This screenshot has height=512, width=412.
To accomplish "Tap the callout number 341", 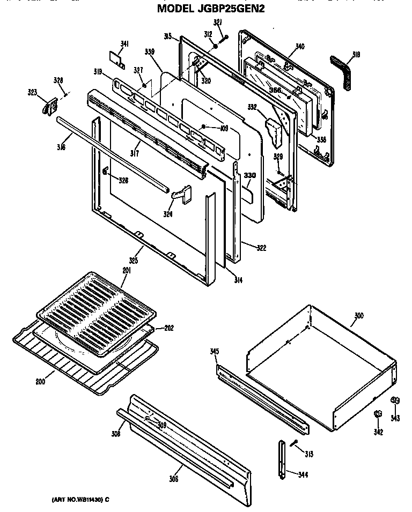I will (124, 44).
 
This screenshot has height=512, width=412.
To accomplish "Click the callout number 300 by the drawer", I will (358, 316).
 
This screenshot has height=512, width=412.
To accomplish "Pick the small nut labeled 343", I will (395, 400).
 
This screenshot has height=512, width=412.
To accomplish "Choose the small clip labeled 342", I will (378, 414).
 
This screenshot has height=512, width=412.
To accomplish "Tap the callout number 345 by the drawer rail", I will (215, 352).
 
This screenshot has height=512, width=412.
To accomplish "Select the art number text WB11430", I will (81, 500).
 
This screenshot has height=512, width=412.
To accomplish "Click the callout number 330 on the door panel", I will (249, 175).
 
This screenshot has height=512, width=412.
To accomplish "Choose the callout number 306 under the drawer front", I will (173, 479).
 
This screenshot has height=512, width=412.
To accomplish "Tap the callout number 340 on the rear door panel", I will (299, 47).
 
